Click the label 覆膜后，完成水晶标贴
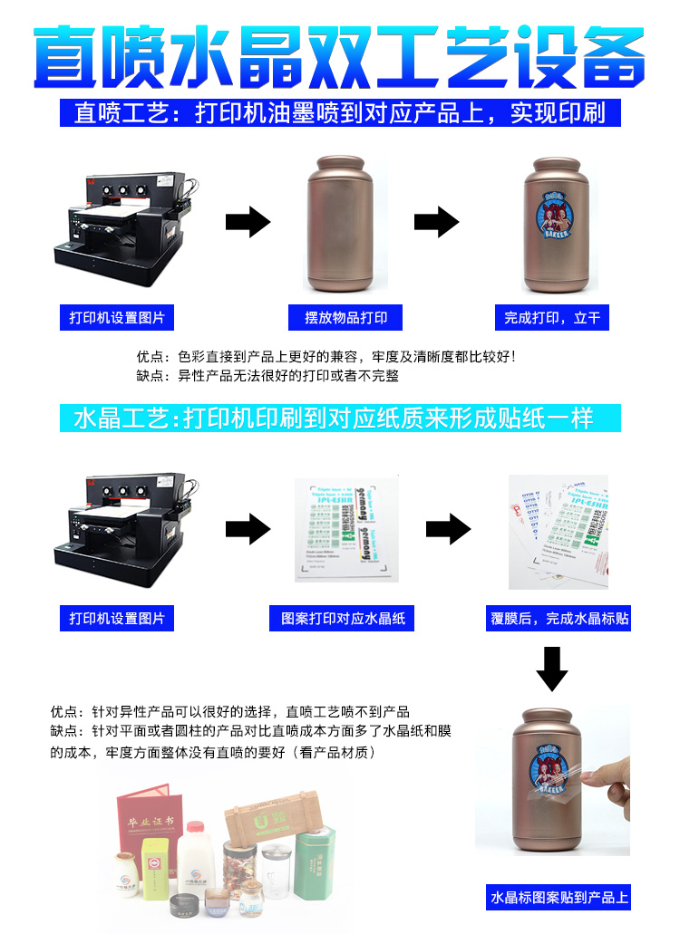(x=559, y=620)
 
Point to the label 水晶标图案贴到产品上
(x=559, y=898)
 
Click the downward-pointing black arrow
(x=551, y=668)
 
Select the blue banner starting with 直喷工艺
(x=339, y=113)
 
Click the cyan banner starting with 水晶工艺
(x=339, y=419)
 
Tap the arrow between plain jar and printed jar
(x=436, y=221)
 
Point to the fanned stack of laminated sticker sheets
(x=558, y=529)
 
